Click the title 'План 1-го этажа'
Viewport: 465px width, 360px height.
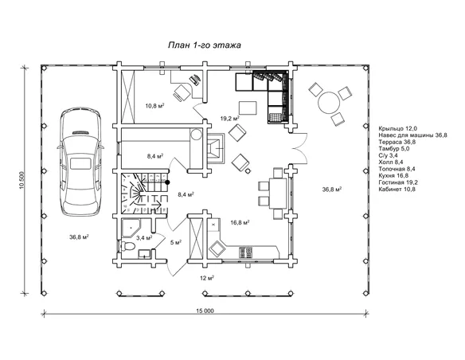205,45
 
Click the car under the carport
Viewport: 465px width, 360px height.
80,162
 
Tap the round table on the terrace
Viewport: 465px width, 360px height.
329,102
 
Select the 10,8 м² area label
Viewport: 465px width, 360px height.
154,106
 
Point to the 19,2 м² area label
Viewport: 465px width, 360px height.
230,119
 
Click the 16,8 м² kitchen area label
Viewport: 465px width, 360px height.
240,222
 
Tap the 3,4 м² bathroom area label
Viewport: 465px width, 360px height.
144,237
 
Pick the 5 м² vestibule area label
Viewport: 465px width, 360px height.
176,242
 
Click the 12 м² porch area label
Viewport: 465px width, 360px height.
207,278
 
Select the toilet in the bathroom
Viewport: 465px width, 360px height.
127,246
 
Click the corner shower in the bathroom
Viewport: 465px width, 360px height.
131,228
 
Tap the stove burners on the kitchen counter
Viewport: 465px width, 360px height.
246,252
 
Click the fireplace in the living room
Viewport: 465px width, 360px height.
216,147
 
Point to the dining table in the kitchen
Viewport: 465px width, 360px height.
278,193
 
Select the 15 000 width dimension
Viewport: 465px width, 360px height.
205,311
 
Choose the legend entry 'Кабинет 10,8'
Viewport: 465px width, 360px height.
397,190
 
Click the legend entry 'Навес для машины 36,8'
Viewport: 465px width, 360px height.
412,135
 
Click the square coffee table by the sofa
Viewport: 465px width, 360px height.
248,108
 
